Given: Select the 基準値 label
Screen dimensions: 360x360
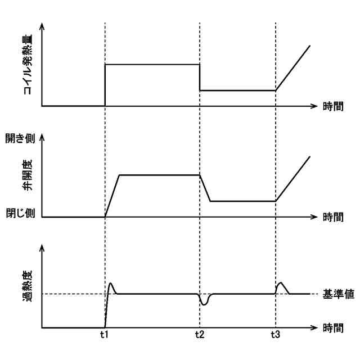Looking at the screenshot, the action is tap(336, 294).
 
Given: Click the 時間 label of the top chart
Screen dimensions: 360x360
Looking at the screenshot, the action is tap(336, 106).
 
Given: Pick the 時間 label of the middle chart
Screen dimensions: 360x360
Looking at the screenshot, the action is tap(336, 217).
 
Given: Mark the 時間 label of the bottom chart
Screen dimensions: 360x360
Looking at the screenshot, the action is tap(336, 327).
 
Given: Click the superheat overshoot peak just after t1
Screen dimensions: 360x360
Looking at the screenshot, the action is tap(111, 284).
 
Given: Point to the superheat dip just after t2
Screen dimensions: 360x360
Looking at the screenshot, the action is tap(204, 304).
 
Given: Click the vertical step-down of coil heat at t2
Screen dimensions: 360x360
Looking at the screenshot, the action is tap(200, 78).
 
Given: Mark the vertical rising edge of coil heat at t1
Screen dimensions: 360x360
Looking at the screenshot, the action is tap(105, 84).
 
